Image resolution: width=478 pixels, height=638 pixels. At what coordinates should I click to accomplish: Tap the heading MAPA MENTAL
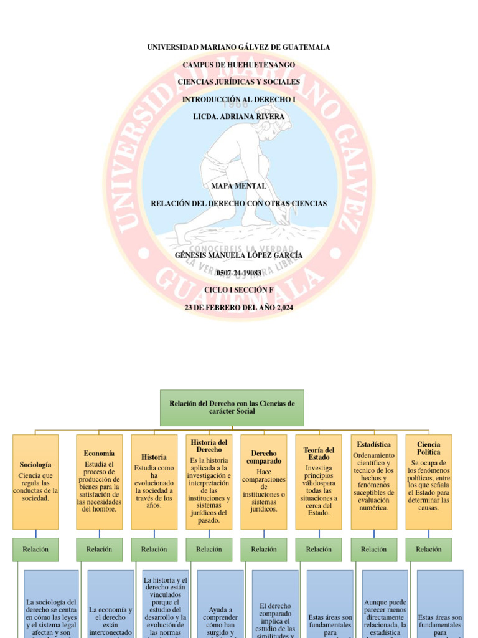click(x=238, y=186)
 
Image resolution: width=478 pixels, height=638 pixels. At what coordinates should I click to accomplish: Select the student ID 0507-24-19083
click(x=238, y=273)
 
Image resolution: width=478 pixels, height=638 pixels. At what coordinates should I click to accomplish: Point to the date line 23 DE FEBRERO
click(x=238, y=308)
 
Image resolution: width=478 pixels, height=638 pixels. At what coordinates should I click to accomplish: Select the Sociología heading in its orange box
click(x=35, y=465)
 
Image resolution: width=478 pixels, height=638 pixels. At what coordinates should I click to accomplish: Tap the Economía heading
click(x=99, y=454)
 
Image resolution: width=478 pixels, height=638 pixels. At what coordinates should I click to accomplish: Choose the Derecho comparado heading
click(x=264, y=457)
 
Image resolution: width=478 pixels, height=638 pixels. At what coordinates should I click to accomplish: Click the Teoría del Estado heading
click(x=319, y=453)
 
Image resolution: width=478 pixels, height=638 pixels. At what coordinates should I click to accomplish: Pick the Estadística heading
click(x=373, y=444)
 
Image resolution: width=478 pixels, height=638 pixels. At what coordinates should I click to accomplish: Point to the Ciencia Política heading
click(x=428, y=448)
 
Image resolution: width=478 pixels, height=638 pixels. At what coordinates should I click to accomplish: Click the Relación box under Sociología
click(x=35, y=550)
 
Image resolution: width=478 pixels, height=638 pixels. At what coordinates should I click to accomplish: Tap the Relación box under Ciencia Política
click(x=428, y=550)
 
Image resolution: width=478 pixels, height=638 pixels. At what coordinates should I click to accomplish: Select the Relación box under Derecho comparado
click(x=264, y=550)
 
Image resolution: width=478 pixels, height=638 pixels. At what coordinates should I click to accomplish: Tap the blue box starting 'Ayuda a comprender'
click(x=220, y=614)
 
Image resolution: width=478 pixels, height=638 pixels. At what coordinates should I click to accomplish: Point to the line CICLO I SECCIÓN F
click(x=238, y=290)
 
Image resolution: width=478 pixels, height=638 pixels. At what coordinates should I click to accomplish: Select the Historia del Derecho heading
click(x=209, y=445)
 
